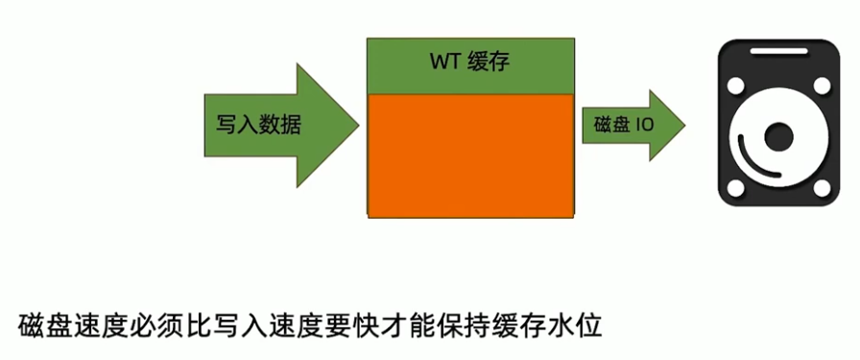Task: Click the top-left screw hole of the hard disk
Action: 737,86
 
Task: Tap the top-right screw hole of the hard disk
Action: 823,86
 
